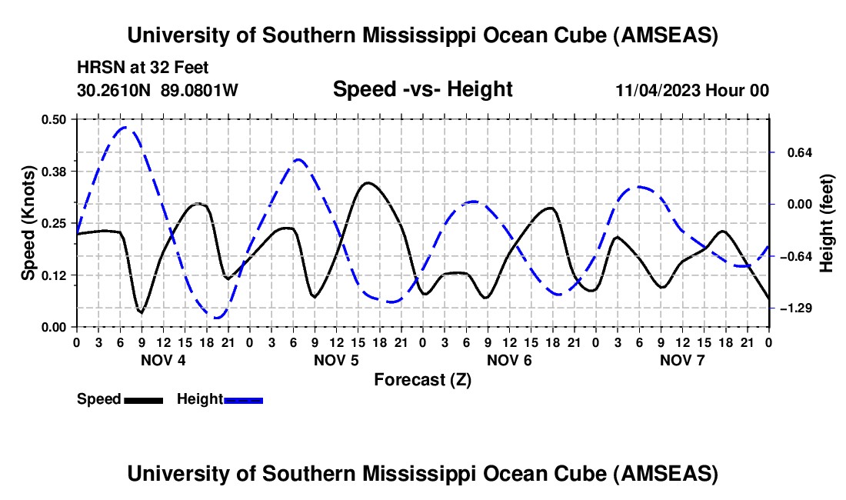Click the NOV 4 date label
click(162, 360)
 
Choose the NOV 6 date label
click(508, 360)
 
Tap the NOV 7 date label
click(681, 360)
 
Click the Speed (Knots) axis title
click(28, 222)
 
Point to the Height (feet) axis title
click(827, 223)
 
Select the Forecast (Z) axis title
click(422, 379)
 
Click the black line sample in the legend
click(143, 399)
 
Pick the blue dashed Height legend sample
click(243, 399)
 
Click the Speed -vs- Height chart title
click(422, 90)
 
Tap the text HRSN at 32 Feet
click(142, 68)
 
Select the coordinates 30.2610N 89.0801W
click(158, 91)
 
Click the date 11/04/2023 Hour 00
click(692, 91)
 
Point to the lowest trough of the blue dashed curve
click(216, 317)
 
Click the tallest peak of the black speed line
click(368, 182)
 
